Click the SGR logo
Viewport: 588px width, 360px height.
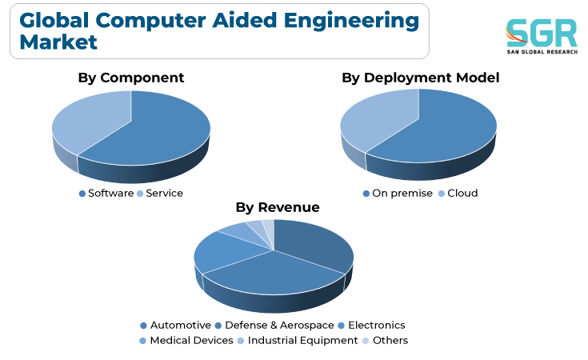pos(542,36)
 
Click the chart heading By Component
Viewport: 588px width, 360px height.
pos(131,78)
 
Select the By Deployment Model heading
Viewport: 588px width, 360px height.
pos(420,78)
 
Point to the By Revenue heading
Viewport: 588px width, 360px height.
pos(278,207)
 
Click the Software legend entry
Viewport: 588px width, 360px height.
pos(106,193)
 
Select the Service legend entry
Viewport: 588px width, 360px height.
pos(160,193)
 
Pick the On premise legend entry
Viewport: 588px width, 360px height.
pos(398,193)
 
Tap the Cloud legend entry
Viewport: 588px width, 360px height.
pos(458,193)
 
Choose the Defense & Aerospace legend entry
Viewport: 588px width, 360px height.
pos(274,325)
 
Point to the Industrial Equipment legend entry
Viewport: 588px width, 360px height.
pos(298,341)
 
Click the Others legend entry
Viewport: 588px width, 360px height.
pos(385,341)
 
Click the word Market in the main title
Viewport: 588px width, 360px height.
pos(58,42)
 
